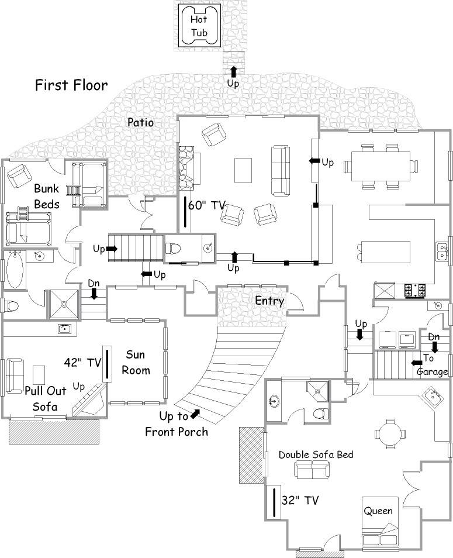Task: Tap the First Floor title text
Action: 71,85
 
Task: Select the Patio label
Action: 140,123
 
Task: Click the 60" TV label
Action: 207,205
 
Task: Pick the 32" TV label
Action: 300,500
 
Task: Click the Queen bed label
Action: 379,511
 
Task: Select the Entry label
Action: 269,301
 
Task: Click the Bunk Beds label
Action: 47,197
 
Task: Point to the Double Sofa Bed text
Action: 316,454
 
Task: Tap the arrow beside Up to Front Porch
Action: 195,414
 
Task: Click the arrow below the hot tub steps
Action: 234,72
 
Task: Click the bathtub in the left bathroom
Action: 14,270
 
